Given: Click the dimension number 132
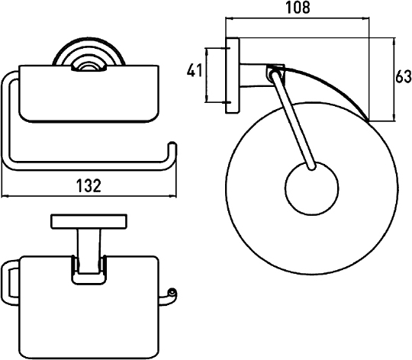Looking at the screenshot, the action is click(x=89, y=185).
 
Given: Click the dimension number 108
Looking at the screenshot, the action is click(x=298, y=8).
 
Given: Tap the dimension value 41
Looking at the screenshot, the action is click(x=195, y=70).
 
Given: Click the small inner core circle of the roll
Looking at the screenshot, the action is click(x=311, y=188).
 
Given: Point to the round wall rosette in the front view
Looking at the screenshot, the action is click(x=89, y=53).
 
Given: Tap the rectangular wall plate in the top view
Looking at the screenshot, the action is click(x=89, y=221).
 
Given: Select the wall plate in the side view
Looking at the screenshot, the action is click(x=232, y=76).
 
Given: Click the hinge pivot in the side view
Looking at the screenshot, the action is click(x=275, y=72).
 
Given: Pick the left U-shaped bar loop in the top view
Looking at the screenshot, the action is click(x=11, y=283).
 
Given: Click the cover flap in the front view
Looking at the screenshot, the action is click(x=89, y=94).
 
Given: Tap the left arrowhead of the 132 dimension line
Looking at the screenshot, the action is click(x=5, y=196).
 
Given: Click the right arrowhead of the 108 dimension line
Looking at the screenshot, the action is click(x=365, y=18).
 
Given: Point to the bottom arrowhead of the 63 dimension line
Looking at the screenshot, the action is click(x=394, y=118).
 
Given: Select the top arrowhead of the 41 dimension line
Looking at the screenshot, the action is click(x=206, y=52).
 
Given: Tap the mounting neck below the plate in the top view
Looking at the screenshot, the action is click(x=89, y=251).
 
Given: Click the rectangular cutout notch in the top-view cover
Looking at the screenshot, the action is click(x=89, y=271).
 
